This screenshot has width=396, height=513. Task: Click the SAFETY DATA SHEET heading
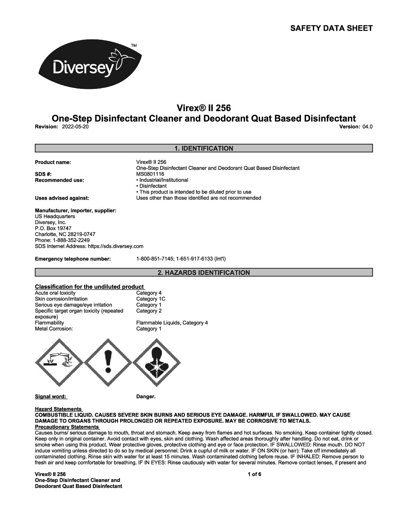coord(331,28)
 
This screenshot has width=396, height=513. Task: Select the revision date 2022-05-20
coord(75,126)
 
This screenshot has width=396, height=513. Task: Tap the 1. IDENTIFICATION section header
coord(203,148)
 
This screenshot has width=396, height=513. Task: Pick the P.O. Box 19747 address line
coord(53,228)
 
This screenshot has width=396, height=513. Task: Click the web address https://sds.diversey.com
coord(116,246)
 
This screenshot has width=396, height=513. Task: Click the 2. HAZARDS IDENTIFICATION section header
coord(203,273)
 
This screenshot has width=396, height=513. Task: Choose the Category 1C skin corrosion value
coord(151,299)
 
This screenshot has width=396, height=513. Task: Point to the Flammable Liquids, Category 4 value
coord(172,323)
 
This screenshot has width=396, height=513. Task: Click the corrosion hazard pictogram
coord(59,363)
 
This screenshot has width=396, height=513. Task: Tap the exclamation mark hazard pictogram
coord(108,363)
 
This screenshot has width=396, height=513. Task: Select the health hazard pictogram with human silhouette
coord(157,363)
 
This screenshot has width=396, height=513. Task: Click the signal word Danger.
coord(146,396)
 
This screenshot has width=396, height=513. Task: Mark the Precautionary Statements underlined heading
coord(67,427)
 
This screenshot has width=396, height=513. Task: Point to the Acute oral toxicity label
coord(55,293)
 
